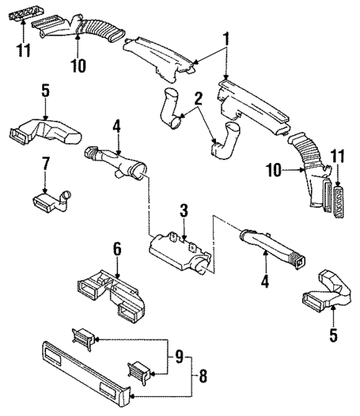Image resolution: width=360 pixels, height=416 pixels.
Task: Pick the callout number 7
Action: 45,161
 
